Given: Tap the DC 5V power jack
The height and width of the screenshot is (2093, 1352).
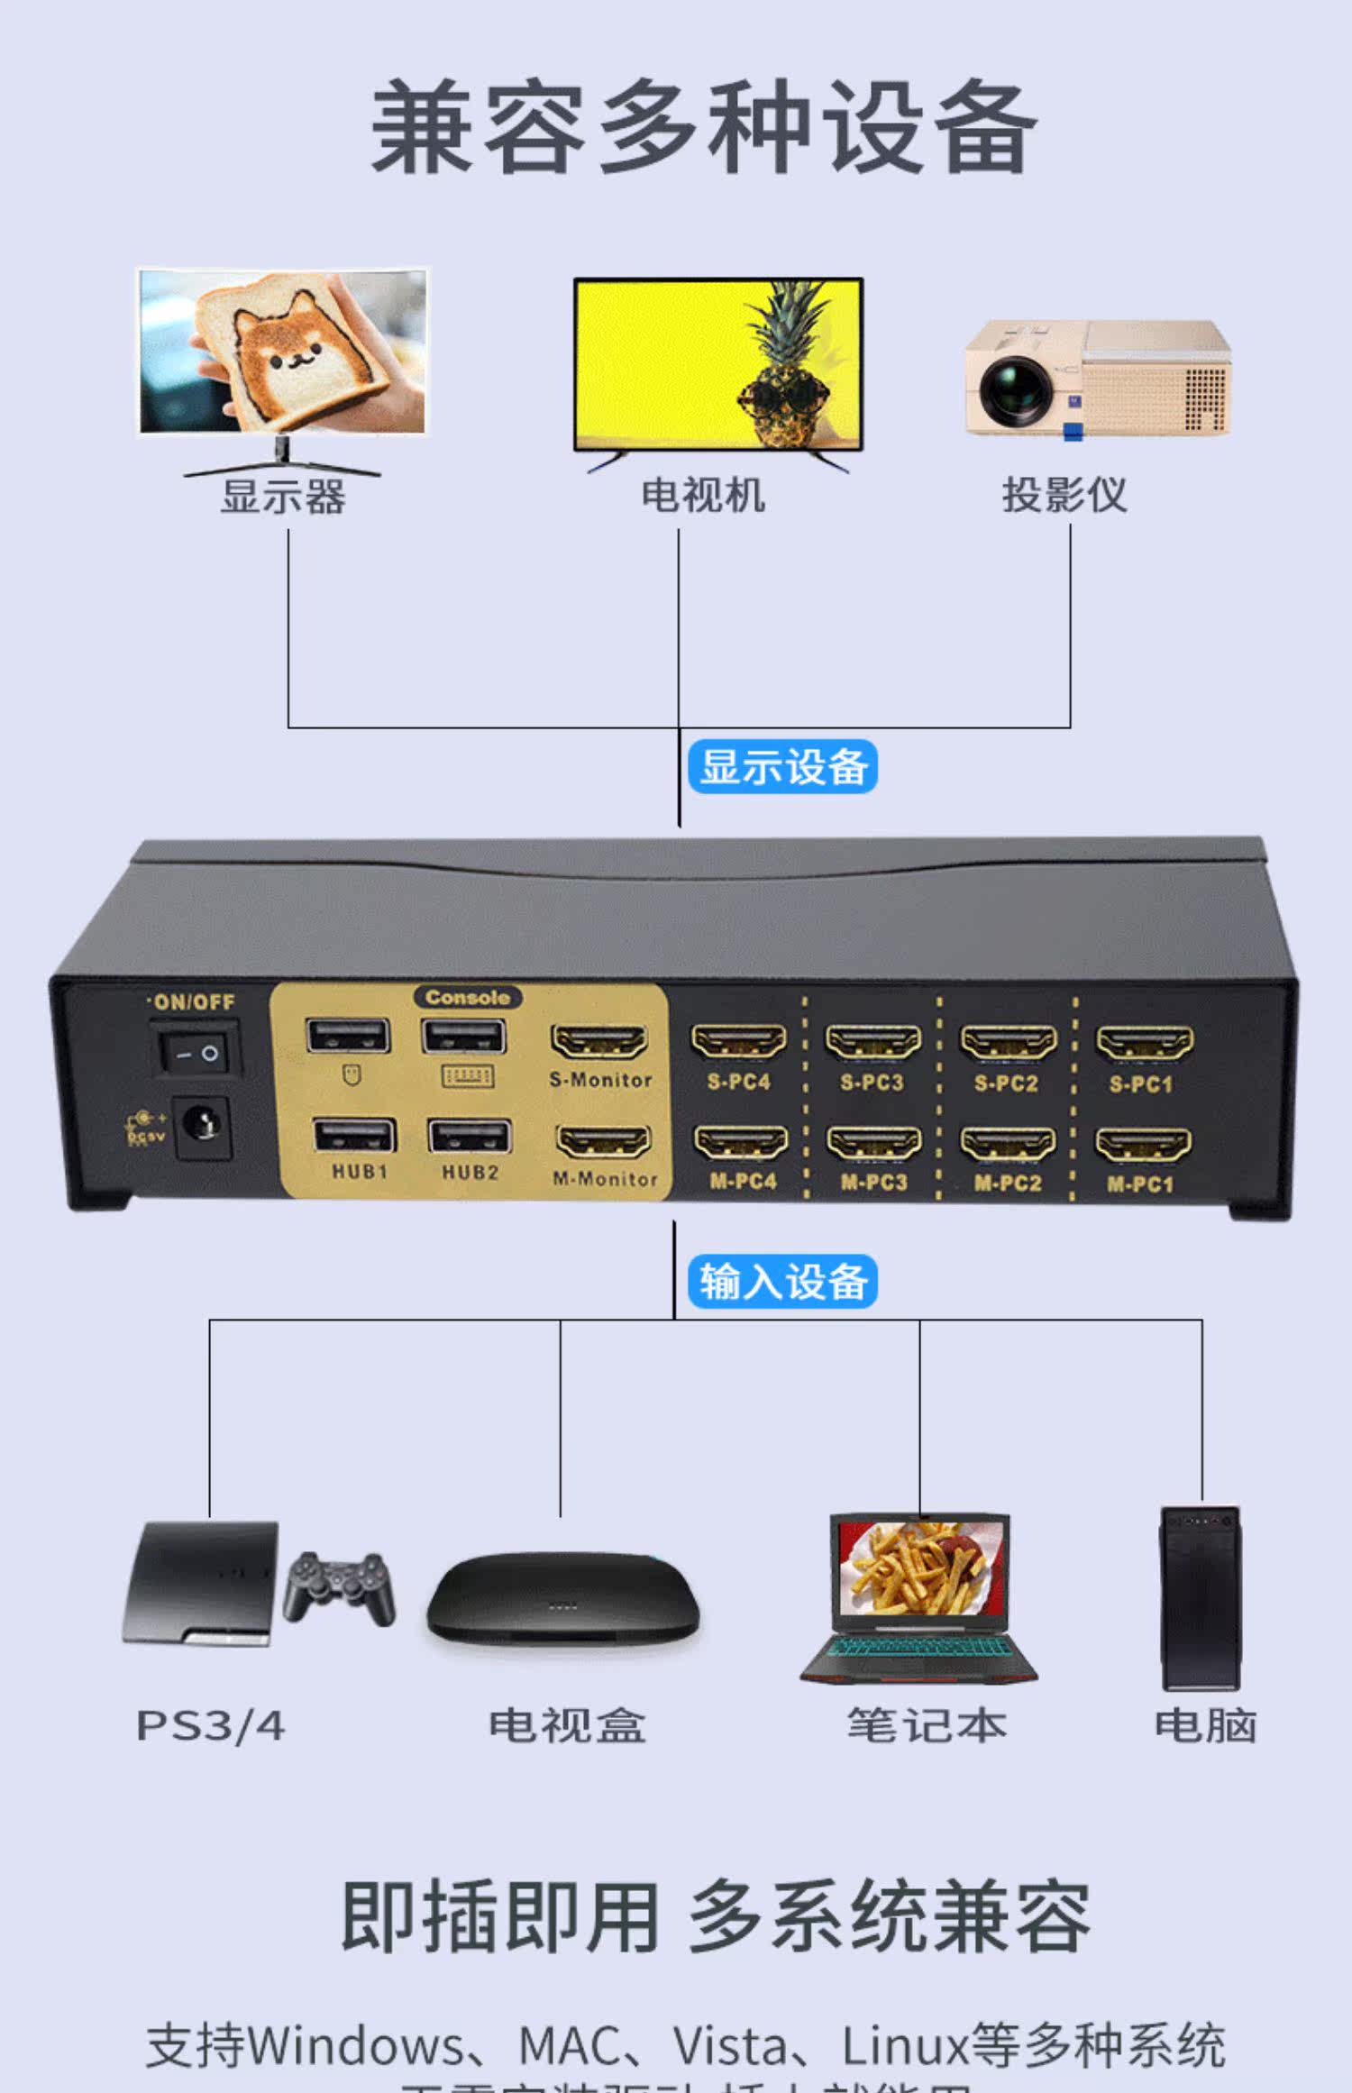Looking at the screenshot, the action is pos(201,1126).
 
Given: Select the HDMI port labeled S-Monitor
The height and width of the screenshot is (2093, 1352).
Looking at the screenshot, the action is pos(599,1042).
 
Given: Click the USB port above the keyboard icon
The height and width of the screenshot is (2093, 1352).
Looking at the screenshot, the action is pos(464,1037).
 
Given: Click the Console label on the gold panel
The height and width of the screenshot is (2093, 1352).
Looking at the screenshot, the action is pos(468,997).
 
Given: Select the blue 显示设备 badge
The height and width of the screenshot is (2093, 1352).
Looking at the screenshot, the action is pos(782,767).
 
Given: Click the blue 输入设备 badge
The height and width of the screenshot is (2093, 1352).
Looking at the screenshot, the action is pos(782,1281).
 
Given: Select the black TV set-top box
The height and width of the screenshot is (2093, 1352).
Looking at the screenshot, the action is pos(563,1597).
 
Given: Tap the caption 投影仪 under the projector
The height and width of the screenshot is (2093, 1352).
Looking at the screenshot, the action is pos(1064,495).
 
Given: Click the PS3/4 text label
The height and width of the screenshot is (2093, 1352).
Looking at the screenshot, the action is pos(210,1725).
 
